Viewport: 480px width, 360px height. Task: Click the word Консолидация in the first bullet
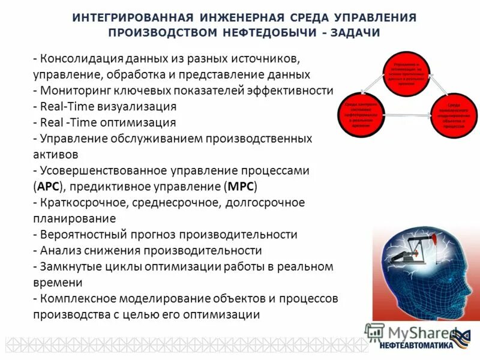click(x=82, y=59)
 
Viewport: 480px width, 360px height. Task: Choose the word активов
click(x=56, y=154)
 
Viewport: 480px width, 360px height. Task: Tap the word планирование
click(x=74, y=218)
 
